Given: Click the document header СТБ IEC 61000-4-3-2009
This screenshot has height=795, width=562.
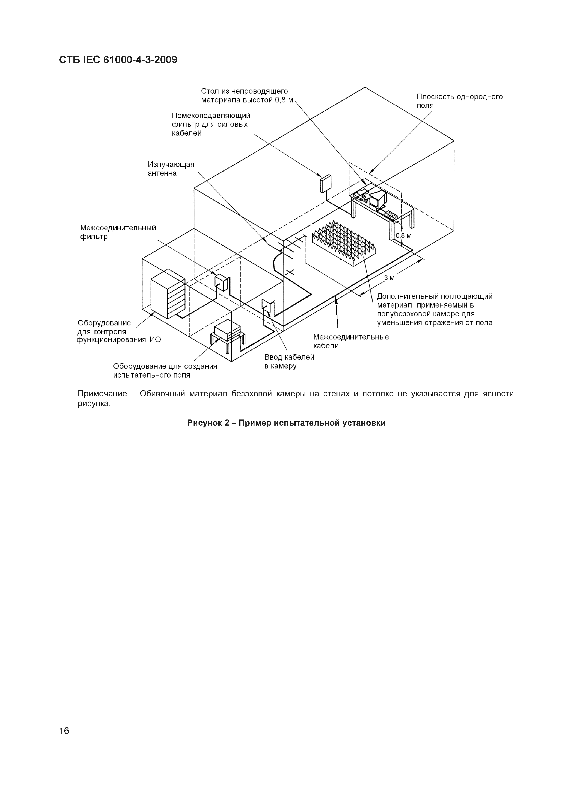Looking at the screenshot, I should click(118, 60).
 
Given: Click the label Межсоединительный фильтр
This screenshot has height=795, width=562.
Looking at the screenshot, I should click(118, 232).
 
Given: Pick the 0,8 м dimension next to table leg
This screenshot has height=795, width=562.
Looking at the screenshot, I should click(404, 236).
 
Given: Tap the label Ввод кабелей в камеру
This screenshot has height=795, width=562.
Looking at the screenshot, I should click(289, 361).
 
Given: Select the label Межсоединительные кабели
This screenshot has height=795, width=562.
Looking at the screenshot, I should click(350, 341).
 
